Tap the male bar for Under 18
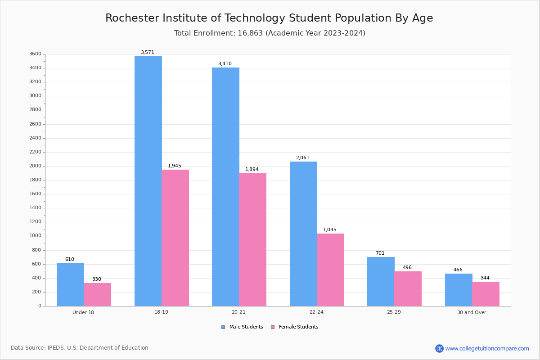tap(70, 284)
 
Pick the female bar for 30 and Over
tap(486, 294)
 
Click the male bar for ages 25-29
tap(381, 281)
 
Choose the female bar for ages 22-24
tap(330, 270)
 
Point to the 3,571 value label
tap(147, 53)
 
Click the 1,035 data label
tap(329, 230)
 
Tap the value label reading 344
tap(485, 278)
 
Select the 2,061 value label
tap(303, 158)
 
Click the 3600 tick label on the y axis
tap(35, 54)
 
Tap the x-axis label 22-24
tap(316, 312)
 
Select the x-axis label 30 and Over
tap(472, 312)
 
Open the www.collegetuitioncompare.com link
tap(487, 348)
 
